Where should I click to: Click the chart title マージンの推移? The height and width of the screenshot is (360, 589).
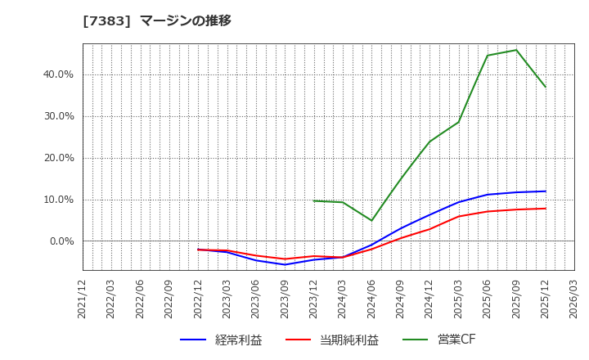pos(156,21)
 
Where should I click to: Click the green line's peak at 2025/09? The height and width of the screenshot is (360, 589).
pos(516,50)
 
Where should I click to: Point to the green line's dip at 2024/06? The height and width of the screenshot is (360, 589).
pos(372,221)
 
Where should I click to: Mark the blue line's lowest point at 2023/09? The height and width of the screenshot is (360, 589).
pos(286,264)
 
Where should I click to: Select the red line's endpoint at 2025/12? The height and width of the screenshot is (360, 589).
pos(546,209)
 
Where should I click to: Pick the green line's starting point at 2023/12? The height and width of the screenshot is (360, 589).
pos(314,200)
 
